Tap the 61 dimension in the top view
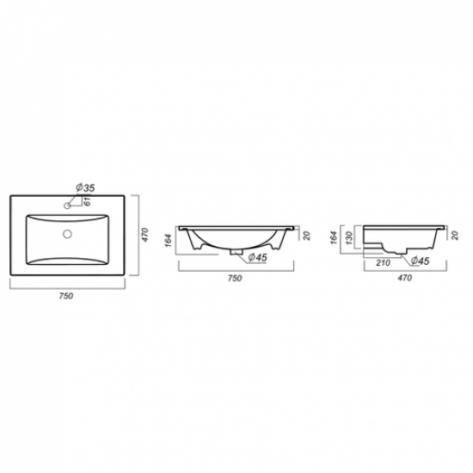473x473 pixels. pyautogui.click(x=89, y=203)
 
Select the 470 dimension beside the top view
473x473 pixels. pyautogui.click(x=145, y=233)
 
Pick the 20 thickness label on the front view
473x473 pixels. pyautogui.click(x=304, y=233)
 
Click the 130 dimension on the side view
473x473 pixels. pyautogui.click(x=348, y=237)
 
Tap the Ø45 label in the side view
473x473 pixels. pyautogui.click(x=420, y=261)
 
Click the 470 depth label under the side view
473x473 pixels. pyautogui.click(x=402, y=279)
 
